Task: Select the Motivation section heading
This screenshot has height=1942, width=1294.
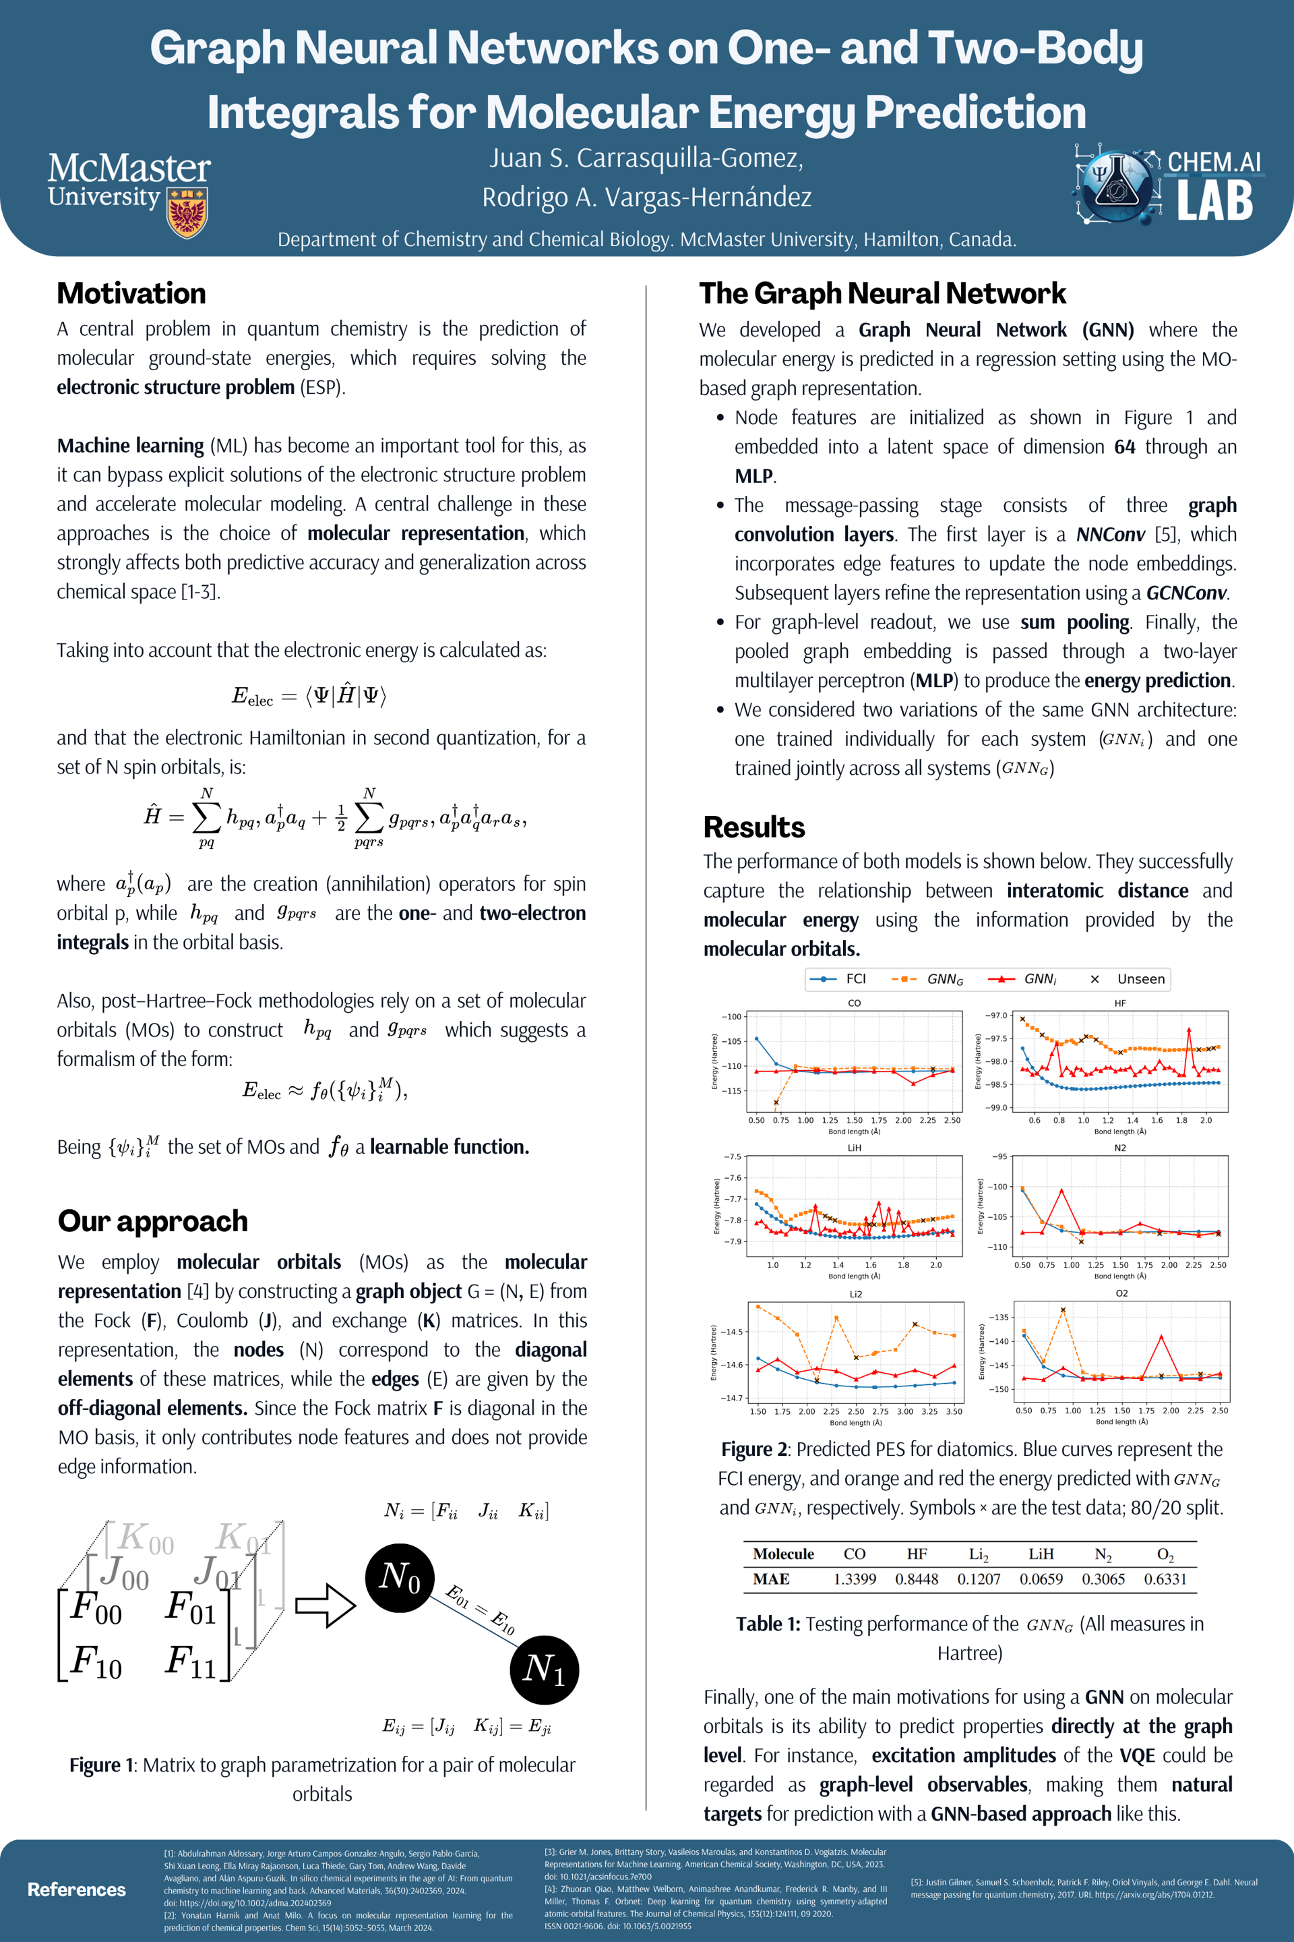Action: pyautogui.click(x=131, y=293)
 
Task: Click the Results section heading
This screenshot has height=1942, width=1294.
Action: pyautogui.click(x=753, y=827)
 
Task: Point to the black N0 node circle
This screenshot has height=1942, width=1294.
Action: pyautogui.click(x=400, y=1577)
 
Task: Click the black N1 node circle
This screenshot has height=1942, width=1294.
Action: pyautogui.click(x=544, y=1670)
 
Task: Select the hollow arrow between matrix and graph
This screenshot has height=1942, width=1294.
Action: pyautogui.click(x=325, y=1605)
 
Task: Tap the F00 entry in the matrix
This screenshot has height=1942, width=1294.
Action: pyautogui.click(x=96, y=1608)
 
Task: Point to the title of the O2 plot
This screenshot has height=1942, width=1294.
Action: pyautogui.click(x=1121, y=1293)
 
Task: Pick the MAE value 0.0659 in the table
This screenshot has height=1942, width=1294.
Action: pyautogui.click(x=1041, y=1579)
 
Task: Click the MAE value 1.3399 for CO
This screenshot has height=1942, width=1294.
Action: pyautogui.click(x=854, y=1579)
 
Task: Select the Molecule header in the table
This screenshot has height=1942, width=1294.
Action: pyautogui.click(x=782, y=1553)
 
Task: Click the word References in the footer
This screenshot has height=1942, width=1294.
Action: pyautogui.click(x=77, y=1889)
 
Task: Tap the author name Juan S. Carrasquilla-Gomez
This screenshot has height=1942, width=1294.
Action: pyautogui.click(x=646, y=158)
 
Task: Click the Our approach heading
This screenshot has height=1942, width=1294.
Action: pyautogui.click(x=153, y=1220)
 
